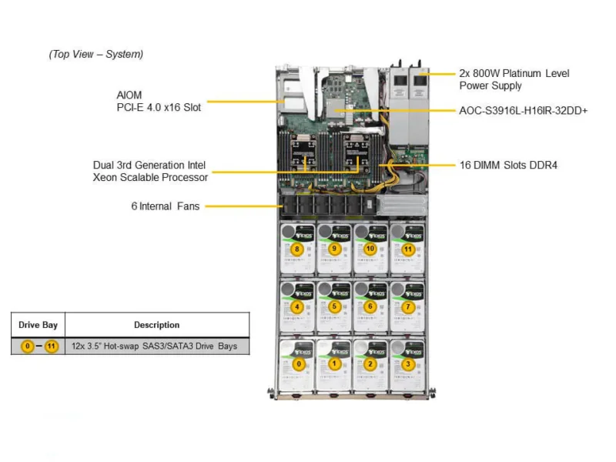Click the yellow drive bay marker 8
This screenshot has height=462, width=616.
coord(296,249)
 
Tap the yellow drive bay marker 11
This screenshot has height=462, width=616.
coord(408,249)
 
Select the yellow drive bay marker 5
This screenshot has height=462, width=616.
coord(333,306)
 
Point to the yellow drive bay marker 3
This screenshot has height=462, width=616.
coord(408,363)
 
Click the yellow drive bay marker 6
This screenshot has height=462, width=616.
coord(370,306)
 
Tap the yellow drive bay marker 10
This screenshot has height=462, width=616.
coord(370,249)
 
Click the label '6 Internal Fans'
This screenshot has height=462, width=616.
coord(165,206)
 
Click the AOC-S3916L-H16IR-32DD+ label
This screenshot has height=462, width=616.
coord(523,111)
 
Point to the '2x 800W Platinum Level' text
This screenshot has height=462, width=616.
coord(514,73)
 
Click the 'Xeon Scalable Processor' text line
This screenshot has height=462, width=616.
coord(151,177)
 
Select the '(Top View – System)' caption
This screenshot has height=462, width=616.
coord(95,54)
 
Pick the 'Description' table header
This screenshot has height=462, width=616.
coord(156,325)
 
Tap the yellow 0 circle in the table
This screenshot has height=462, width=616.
coord(28,346)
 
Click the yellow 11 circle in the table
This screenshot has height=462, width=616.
coord(51,346)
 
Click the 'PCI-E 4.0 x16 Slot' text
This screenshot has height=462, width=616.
coord(154,108)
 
